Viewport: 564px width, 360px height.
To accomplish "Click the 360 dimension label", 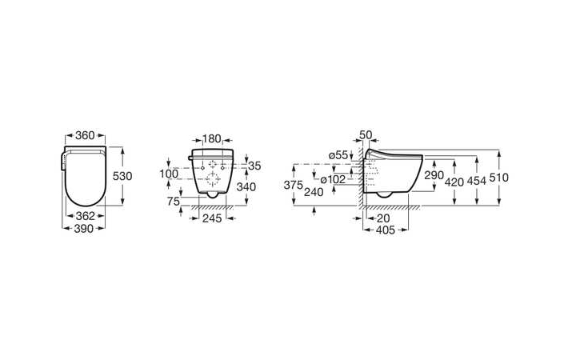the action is (85, 135).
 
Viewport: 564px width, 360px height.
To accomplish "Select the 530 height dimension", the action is (122, 176).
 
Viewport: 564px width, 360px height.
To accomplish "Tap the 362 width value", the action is (86, 216).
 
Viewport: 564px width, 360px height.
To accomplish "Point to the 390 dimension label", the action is (84, 228).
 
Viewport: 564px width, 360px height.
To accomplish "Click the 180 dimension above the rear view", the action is (212, 139).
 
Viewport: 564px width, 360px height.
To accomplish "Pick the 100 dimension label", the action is (169, 174).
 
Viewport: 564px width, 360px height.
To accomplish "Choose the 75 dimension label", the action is (174, 202).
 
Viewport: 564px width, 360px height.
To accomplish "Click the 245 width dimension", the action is (212, 218).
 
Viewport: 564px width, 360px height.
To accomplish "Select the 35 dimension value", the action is (254, 166).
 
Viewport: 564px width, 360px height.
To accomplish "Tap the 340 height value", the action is (246, 187).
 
